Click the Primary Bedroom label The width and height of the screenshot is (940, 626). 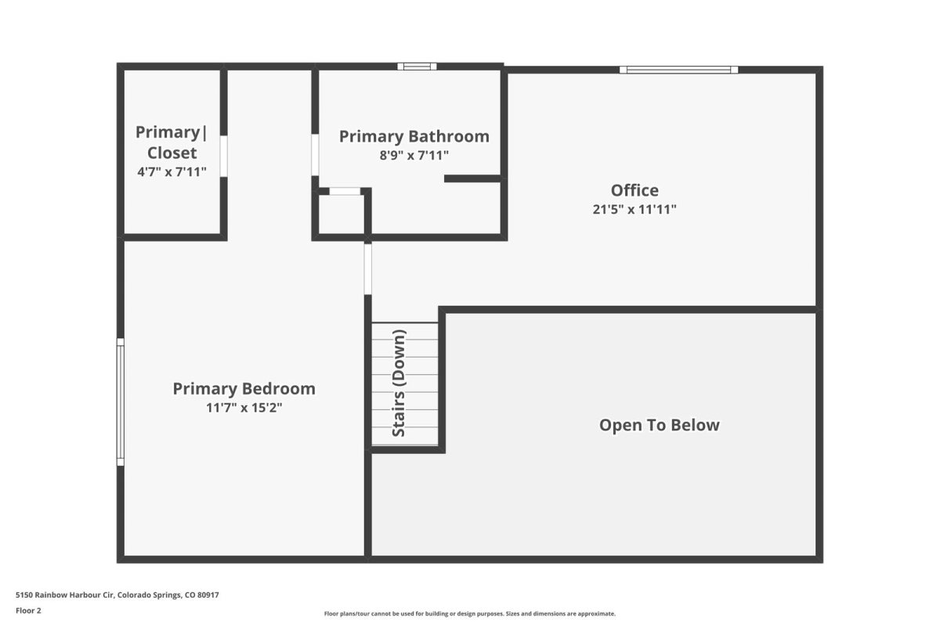click(244, 389)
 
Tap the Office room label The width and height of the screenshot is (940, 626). click(634, 190)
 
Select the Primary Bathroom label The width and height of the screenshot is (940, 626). click(414, 137)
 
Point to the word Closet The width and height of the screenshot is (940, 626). click(172, 153)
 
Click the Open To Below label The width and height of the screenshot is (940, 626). click(660, 425)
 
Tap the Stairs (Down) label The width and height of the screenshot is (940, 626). click(399, 383)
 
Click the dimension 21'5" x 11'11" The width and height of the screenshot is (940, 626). click(634, 209)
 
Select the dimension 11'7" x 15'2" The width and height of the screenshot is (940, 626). click(244, 408)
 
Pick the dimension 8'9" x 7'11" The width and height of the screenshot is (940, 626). click(414, 156)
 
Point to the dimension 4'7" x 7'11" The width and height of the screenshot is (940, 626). click(172, 172)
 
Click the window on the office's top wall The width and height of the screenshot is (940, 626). click(678, 70)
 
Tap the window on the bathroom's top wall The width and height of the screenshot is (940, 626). click(417, 67)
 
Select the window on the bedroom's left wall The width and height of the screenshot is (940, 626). click(121, 401)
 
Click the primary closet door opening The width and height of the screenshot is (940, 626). click(224, 156)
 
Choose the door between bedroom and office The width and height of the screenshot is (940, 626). click(367, 269)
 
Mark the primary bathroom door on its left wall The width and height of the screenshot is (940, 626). click(315, 155)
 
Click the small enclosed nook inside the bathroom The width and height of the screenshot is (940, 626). click(342, 214)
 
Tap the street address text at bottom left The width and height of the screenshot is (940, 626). click(117, 595)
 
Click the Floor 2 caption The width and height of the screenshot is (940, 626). click(28, 610)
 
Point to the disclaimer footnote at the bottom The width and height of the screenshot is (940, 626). click(469, 613)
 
